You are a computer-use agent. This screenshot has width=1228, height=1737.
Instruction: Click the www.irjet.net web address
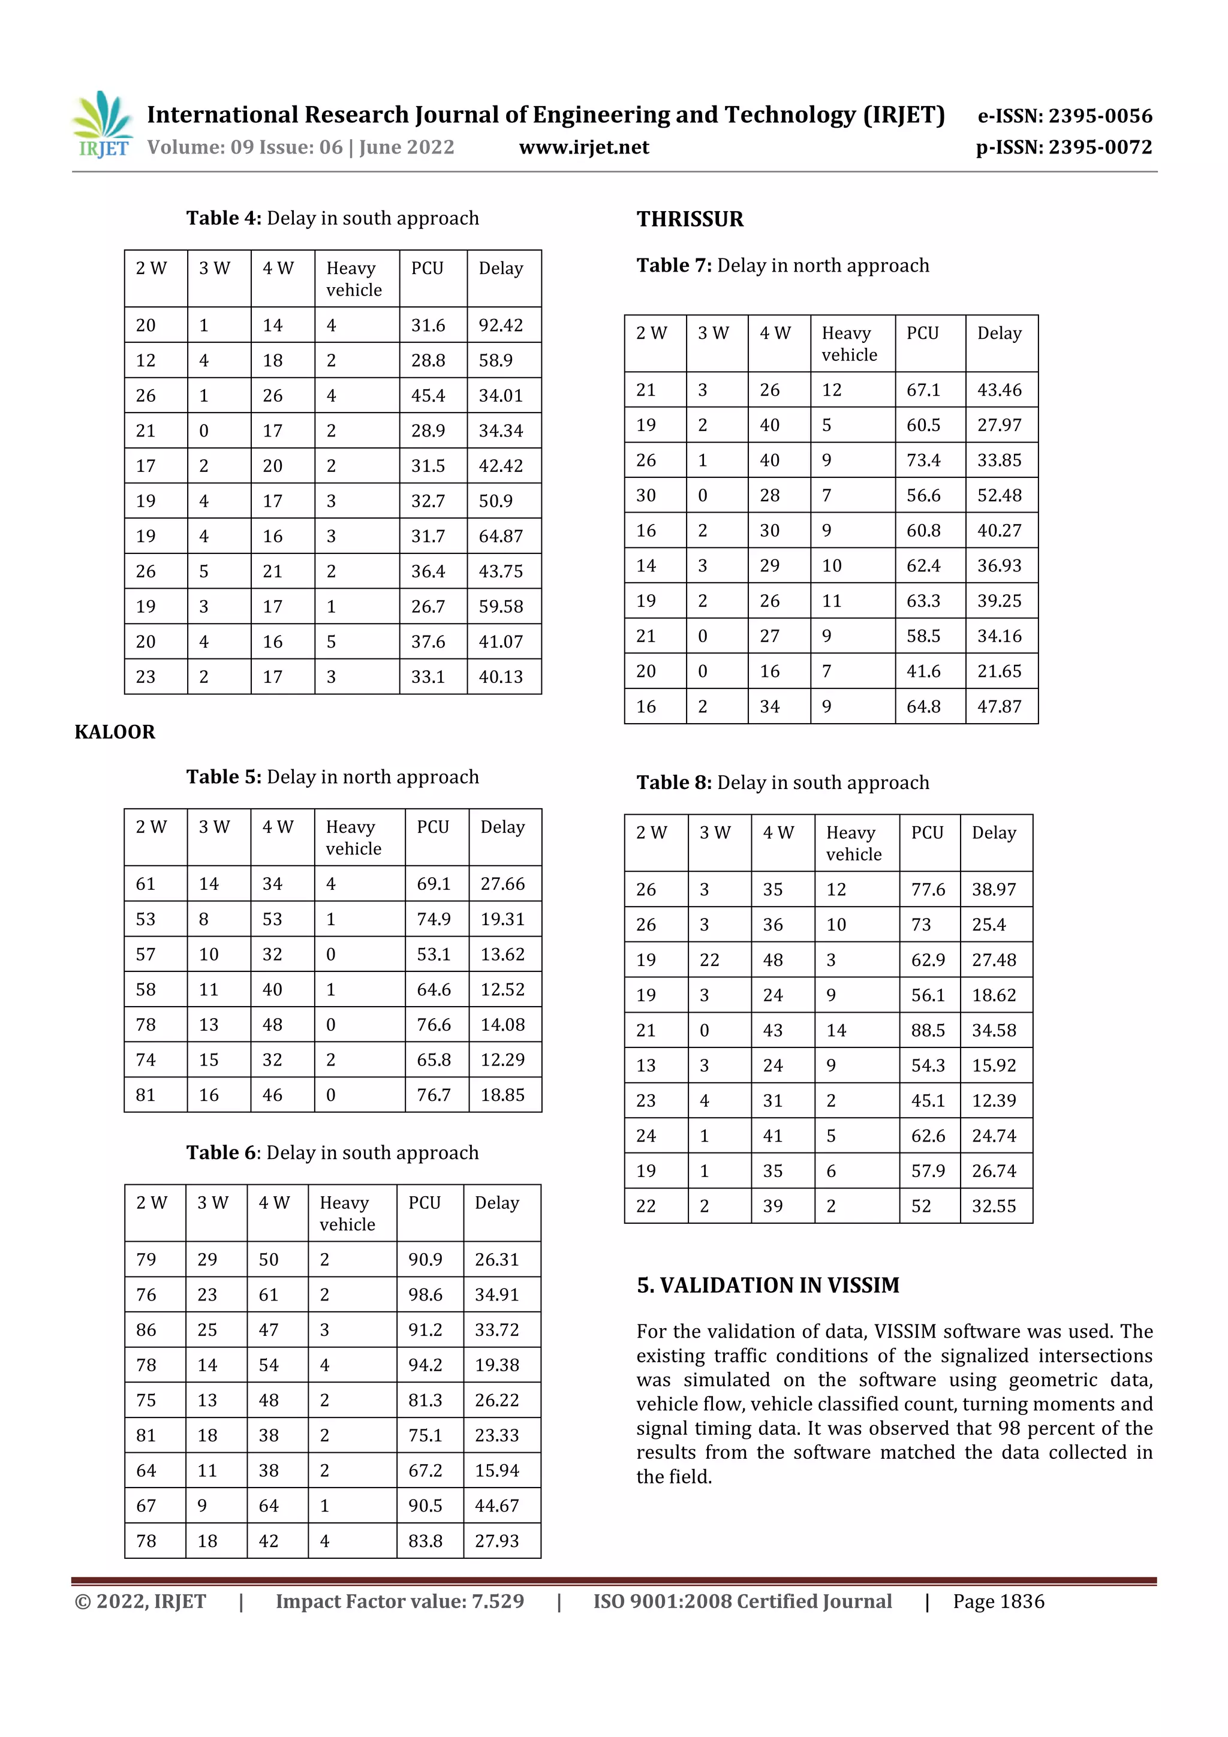tap(583, 147)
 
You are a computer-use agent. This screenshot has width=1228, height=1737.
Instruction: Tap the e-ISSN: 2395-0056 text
tap(1064, 116)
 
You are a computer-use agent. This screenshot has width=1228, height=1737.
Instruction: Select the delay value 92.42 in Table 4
tap(500, 326)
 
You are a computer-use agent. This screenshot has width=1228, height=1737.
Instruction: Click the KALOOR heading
tap(115, 731)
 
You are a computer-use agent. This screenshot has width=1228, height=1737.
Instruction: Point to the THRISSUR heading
tap(690, 219)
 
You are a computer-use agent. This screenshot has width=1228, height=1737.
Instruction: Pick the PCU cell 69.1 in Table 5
tap(434, 884)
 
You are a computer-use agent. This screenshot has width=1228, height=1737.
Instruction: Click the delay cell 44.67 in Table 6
tap(496, 1506)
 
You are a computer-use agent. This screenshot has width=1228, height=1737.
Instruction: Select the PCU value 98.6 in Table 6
tap(425, 1295)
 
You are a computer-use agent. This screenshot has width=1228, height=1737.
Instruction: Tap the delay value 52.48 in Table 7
tap(999, 495)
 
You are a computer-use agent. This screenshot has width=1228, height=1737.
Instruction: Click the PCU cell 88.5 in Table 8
tap(928, 1031)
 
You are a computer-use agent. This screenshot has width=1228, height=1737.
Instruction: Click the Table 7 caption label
tap(673, 266)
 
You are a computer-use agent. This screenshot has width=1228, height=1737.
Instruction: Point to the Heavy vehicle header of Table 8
tap(853, 844)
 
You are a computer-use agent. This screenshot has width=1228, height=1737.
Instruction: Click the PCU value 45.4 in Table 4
tap(428, 396)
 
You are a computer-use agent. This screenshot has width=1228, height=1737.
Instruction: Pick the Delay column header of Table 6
tap(496, 1203)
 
